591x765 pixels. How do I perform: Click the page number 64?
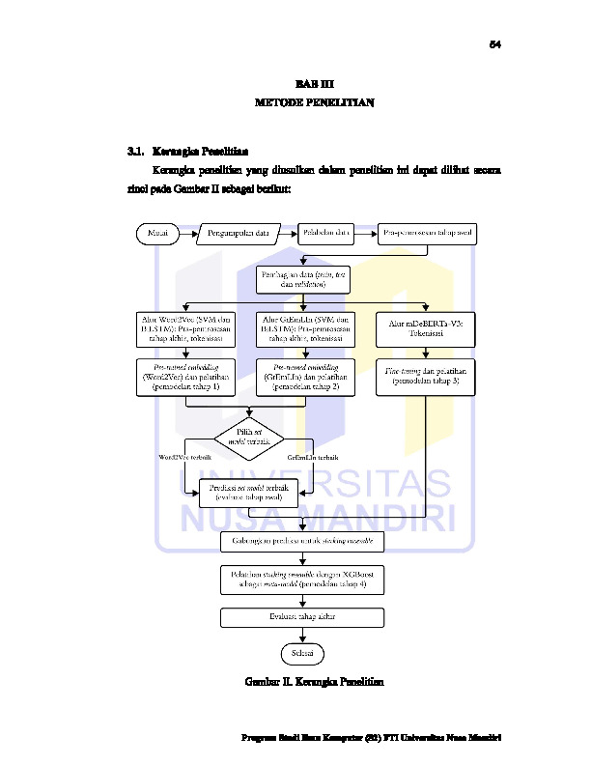pos(494,44)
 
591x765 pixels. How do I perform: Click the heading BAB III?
pos(314,84)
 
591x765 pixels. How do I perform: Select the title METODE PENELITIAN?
pos(314,100)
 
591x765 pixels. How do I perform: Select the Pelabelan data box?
pos(325,233)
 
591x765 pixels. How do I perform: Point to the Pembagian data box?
pos(302,279)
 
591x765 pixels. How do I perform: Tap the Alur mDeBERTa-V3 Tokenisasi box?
pos(426,329)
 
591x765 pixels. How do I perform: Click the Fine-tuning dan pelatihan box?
pos(426,376)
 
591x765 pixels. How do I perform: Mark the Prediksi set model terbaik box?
pos(249,493)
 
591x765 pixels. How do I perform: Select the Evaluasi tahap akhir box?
pos(302,616)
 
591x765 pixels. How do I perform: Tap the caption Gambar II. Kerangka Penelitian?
pos(314,683)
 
